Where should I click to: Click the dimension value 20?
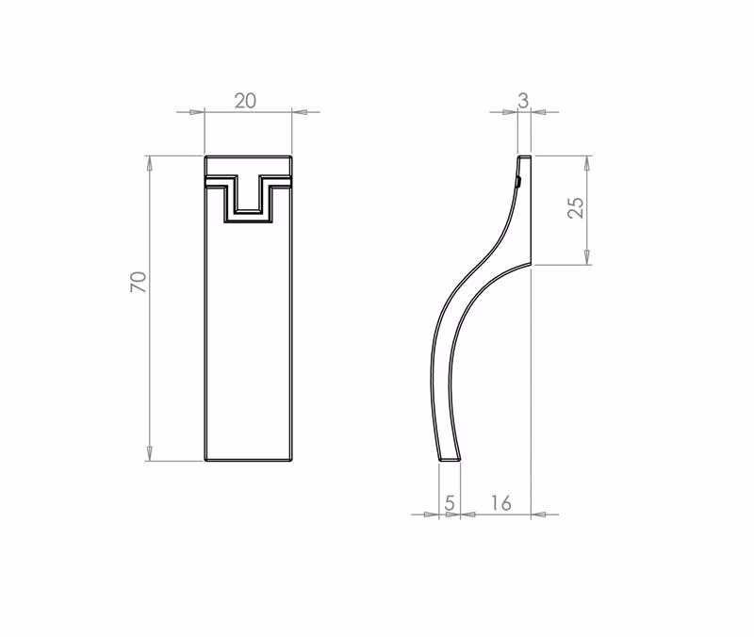click(x=245, y=101)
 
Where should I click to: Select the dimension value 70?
click(x=138, y=282)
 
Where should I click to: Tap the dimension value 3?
click(x=523, y=101)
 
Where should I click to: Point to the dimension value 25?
click(x=576, y=207)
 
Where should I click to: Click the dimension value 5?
click(x=450, y=503)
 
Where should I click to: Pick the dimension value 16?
click(x=500, y=503)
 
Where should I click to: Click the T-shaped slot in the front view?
click(x=248, y=198)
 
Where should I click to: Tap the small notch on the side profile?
click(x=518, y=182)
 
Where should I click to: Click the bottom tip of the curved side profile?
click(x=450, y=459)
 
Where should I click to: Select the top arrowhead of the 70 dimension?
click(x=149, y=163)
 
